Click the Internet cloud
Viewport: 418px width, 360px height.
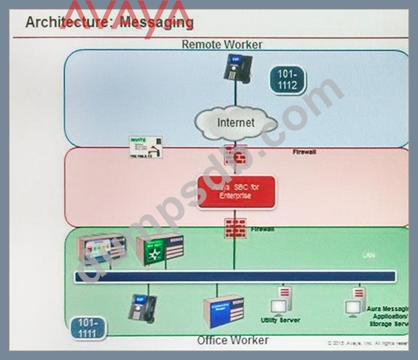236,122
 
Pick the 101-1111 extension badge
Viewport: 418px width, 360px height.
88,328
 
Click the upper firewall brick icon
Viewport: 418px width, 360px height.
235,156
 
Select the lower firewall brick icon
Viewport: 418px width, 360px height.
234,228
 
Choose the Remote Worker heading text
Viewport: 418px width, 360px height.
222,45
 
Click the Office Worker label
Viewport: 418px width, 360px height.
232,341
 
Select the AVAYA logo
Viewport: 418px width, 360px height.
127,13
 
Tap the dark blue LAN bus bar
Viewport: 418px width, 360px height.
234,276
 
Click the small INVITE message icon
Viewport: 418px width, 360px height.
145,147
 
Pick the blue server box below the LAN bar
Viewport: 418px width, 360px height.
223,311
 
